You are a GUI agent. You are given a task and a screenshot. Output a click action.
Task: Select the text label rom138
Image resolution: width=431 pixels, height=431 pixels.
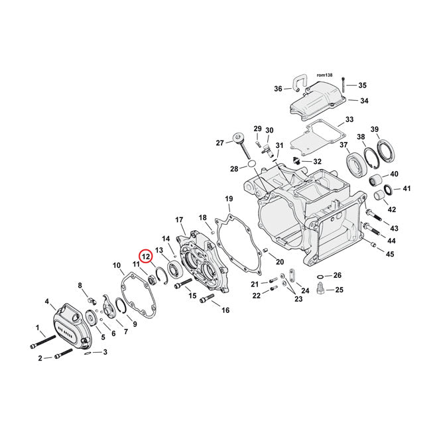pyautogui.click(x=324, y=76)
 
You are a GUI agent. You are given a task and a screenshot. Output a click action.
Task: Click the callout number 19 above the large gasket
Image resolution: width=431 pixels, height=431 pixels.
pyautogui.click(x=229, y=199)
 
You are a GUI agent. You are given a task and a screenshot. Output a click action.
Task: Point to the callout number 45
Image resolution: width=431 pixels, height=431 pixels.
pyautogui.click(x=390, y=254)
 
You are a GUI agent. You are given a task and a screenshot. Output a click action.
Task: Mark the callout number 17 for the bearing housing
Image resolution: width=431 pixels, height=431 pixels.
pyautogui.click(x=178, y=219)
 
